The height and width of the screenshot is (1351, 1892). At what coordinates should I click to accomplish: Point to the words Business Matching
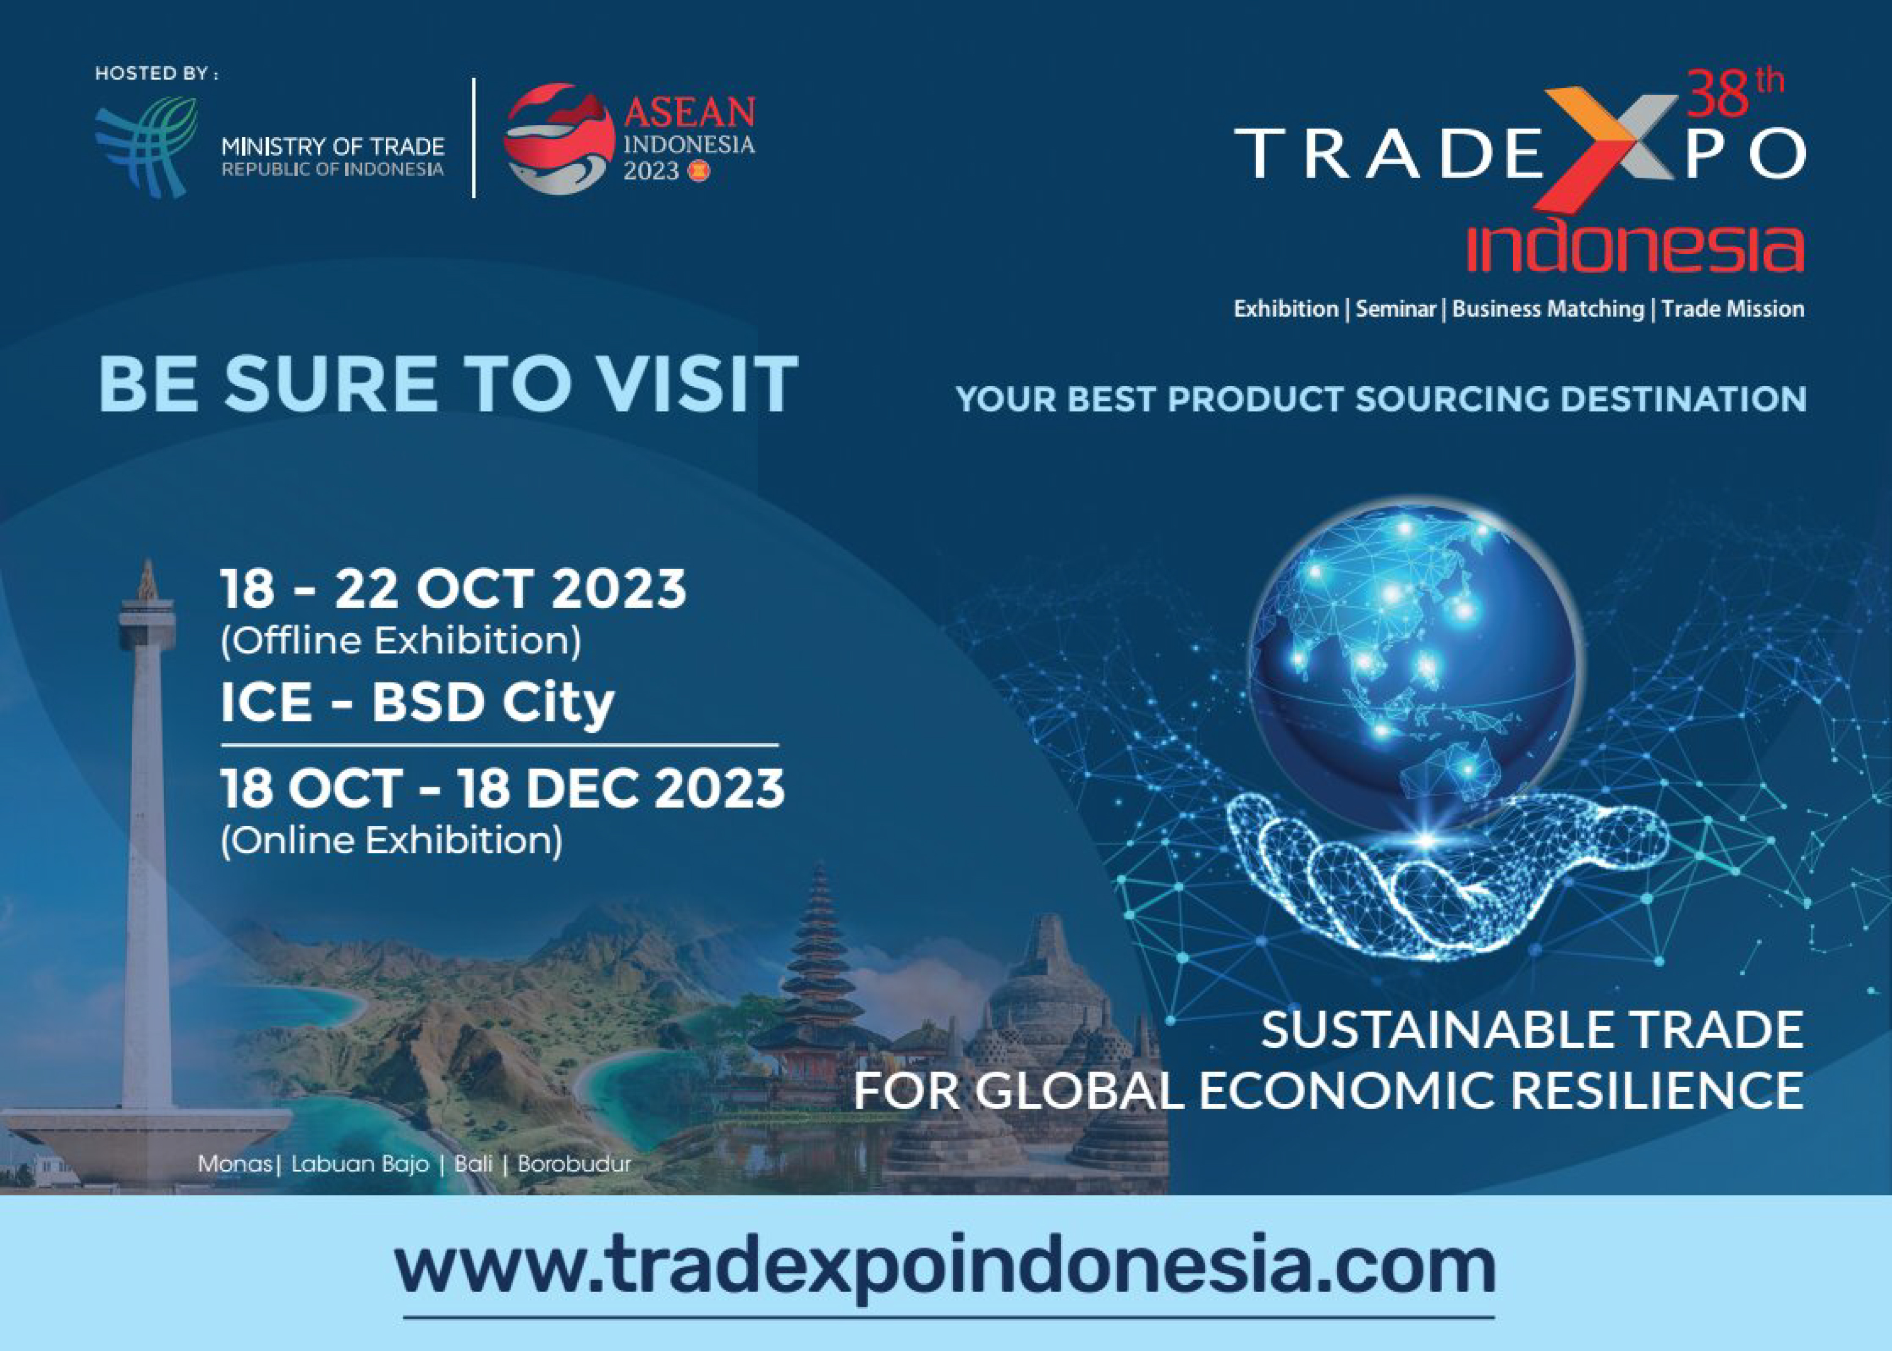point(1548,310)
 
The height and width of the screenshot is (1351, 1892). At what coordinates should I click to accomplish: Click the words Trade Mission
point(1733,310)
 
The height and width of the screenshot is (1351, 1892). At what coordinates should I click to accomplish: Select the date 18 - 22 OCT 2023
point(453,589)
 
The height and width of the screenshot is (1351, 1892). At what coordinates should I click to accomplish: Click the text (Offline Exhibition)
point(401,641)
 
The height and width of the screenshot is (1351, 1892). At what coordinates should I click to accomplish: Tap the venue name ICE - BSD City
point(417,703)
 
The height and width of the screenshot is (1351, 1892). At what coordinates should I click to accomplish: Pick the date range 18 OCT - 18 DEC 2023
point(502,788)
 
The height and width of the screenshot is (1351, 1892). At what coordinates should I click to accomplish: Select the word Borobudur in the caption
point(574,1163)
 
